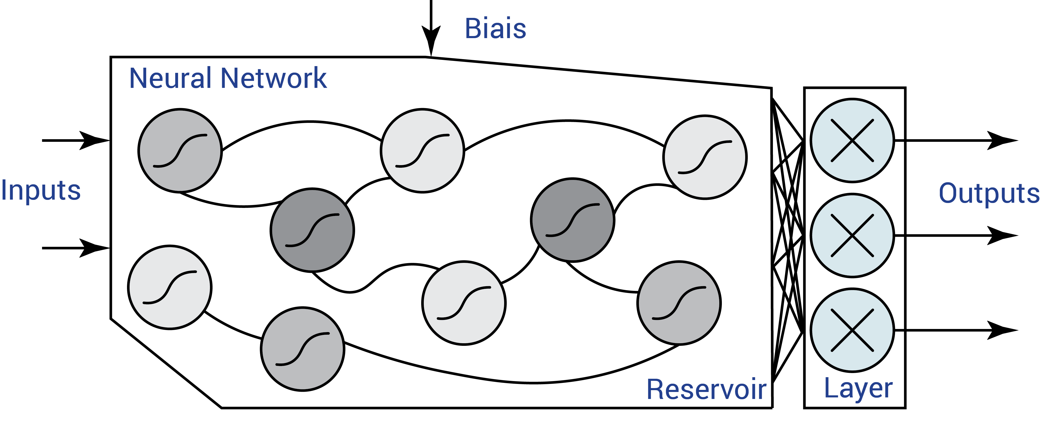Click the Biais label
pyautogui.click(x=495, y=29)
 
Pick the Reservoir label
pyautogui.click(x=706, y=390)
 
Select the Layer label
pyautogui.click(x=858, y=388)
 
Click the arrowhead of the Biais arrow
pyautogui.click(x=431, y=40)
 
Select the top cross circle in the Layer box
pyautogui.click(x=852, y=141)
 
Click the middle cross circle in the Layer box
pyautogui.click(x=852, y=235)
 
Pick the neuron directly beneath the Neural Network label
pyautogui.click(x=180, y=150)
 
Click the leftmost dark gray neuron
pyautogui.click(x=312, y=230)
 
